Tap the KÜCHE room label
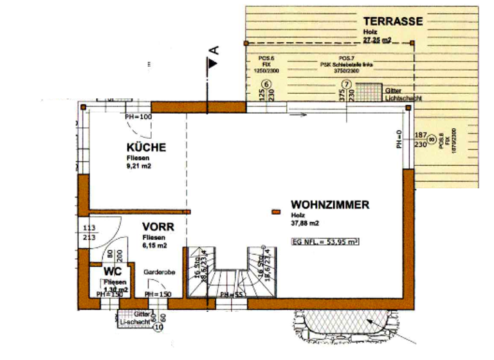point(146,147)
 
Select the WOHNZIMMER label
point(329,205)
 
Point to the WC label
point(112,272)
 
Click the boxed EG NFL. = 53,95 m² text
point(324,242)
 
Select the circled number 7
point(346,84)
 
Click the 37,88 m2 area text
point(305,224)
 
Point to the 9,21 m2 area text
point(140,166)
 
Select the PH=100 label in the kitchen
point(138,116)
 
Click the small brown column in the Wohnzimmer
point(277,212)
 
